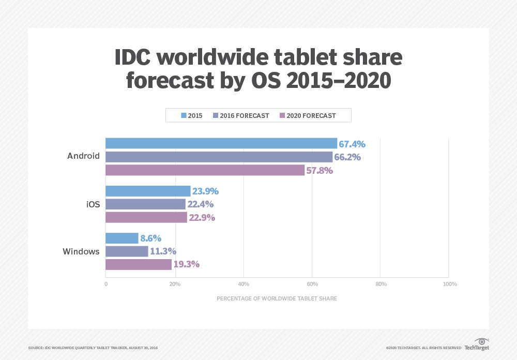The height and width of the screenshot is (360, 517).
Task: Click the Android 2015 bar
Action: point(221,143)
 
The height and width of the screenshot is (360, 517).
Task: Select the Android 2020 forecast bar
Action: point(205,170)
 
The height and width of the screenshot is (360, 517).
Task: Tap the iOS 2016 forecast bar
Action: point(145,204)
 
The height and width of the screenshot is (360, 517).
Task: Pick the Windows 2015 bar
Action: point(122,238)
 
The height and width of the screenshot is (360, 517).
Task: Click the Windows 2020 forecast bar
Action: point(139,265)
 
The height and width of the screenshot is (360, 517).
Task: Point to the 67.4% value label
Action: point(352,144)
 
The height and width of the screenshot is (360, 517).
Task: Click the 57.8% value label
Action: point(320,171)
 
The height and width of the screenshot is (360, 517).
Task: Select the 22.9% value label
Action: point(202,218)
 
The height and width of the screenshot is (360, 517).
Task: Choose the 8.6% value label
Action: point(150,238)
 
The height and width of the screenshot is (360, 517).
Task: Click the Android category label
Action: point(83,156)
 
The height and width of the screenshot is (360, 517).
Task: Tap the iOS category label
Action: point(93,204)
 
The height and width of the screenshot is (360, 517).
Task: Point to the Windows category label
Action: point(81,252)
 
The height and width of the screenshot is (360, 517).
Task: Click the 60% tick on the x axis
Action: point(312,284)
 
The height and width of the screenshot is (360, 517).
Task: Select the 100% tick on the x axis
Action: point(449,284)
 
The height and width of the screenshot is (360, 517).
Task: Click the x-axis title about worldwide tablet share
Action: point(277,298)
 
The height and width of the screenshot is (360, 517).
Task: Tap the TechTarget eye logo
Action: point(482,342)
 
